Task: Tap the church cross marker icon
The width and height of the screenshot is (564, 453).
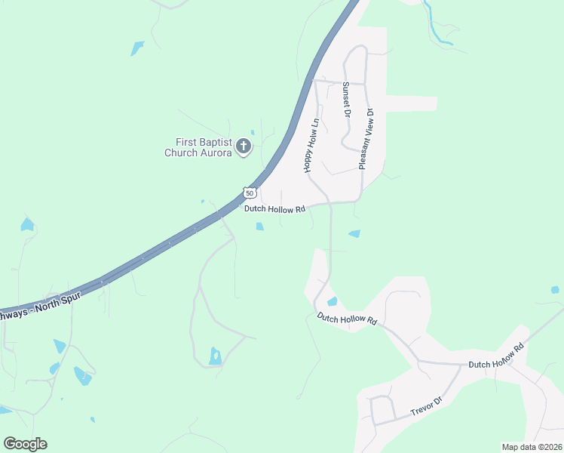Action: pos(244,146)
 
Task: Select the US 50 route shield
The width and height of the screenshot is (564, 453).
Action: pos(250,193)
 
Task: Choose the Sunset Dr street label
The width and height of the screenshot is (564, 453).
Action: pos(346,100)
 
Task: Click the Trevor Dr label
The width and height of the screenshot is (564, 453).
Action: pos(425,408)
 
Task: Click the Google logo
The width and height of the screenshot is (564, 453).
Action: pos(25,444)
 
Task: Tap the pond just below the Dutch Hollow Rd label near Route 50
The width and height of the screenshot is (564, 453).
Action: pos(259,226)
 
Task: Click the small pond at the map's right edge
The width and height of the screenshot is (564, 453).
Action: pos(555,290)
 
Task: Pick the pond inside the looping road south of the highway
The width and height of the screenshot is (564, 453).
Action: pos(216,356)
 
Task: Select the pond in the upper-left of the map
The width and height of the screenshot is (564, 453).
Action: pos(137,48)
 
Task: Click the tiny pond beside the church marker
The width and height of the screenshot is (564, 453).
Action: pos(253,132)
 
